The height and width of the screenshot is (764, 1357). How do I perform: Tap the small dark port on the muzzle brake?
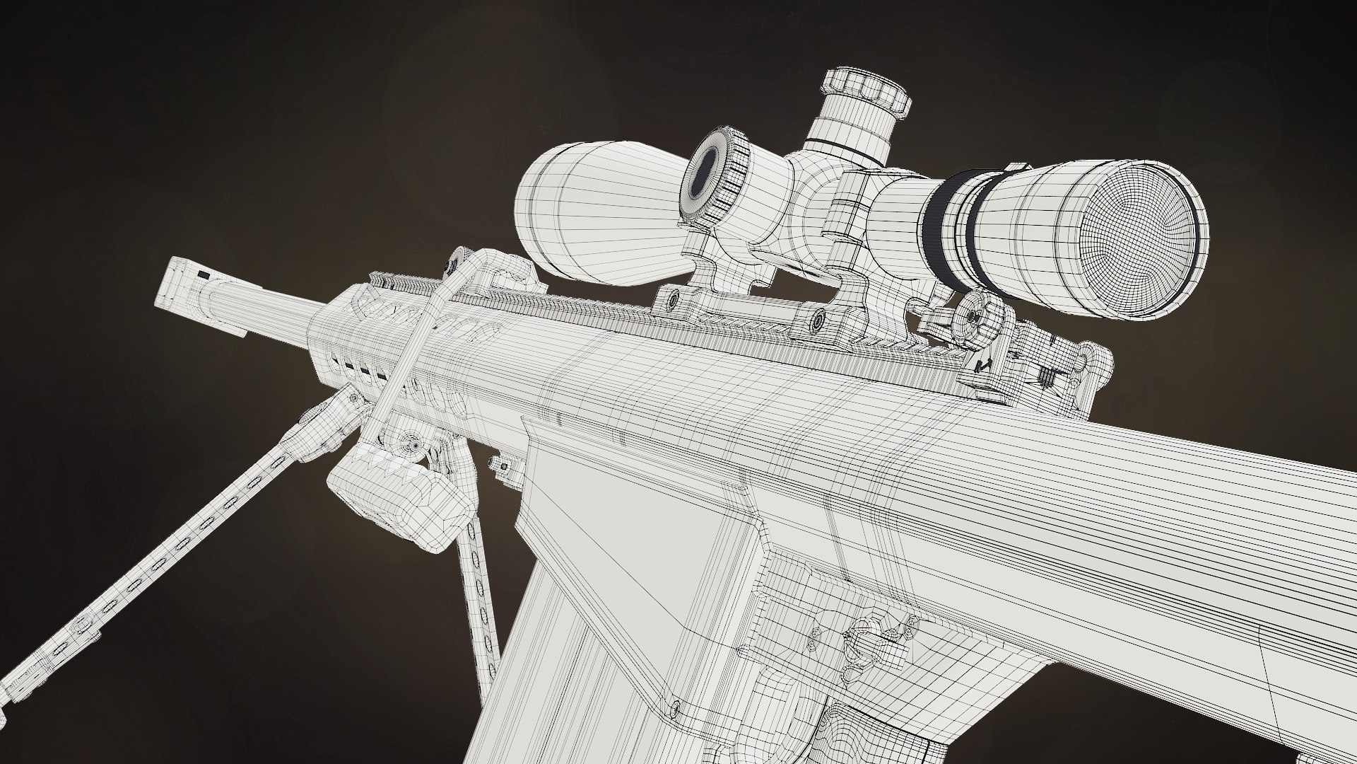tap(205, 273)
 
